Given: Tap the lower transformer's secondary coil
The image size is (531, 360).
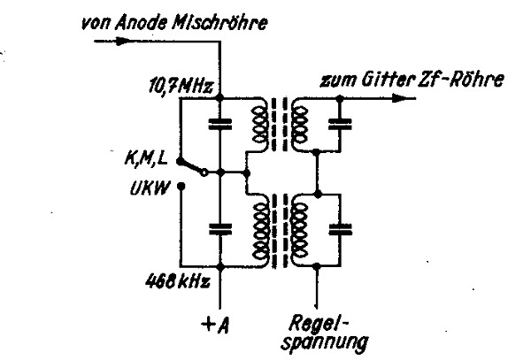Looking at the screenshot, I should (x=300, y=230).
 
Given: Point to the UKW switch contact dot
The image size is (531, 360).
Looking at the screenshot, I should (x=181, y=187).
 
